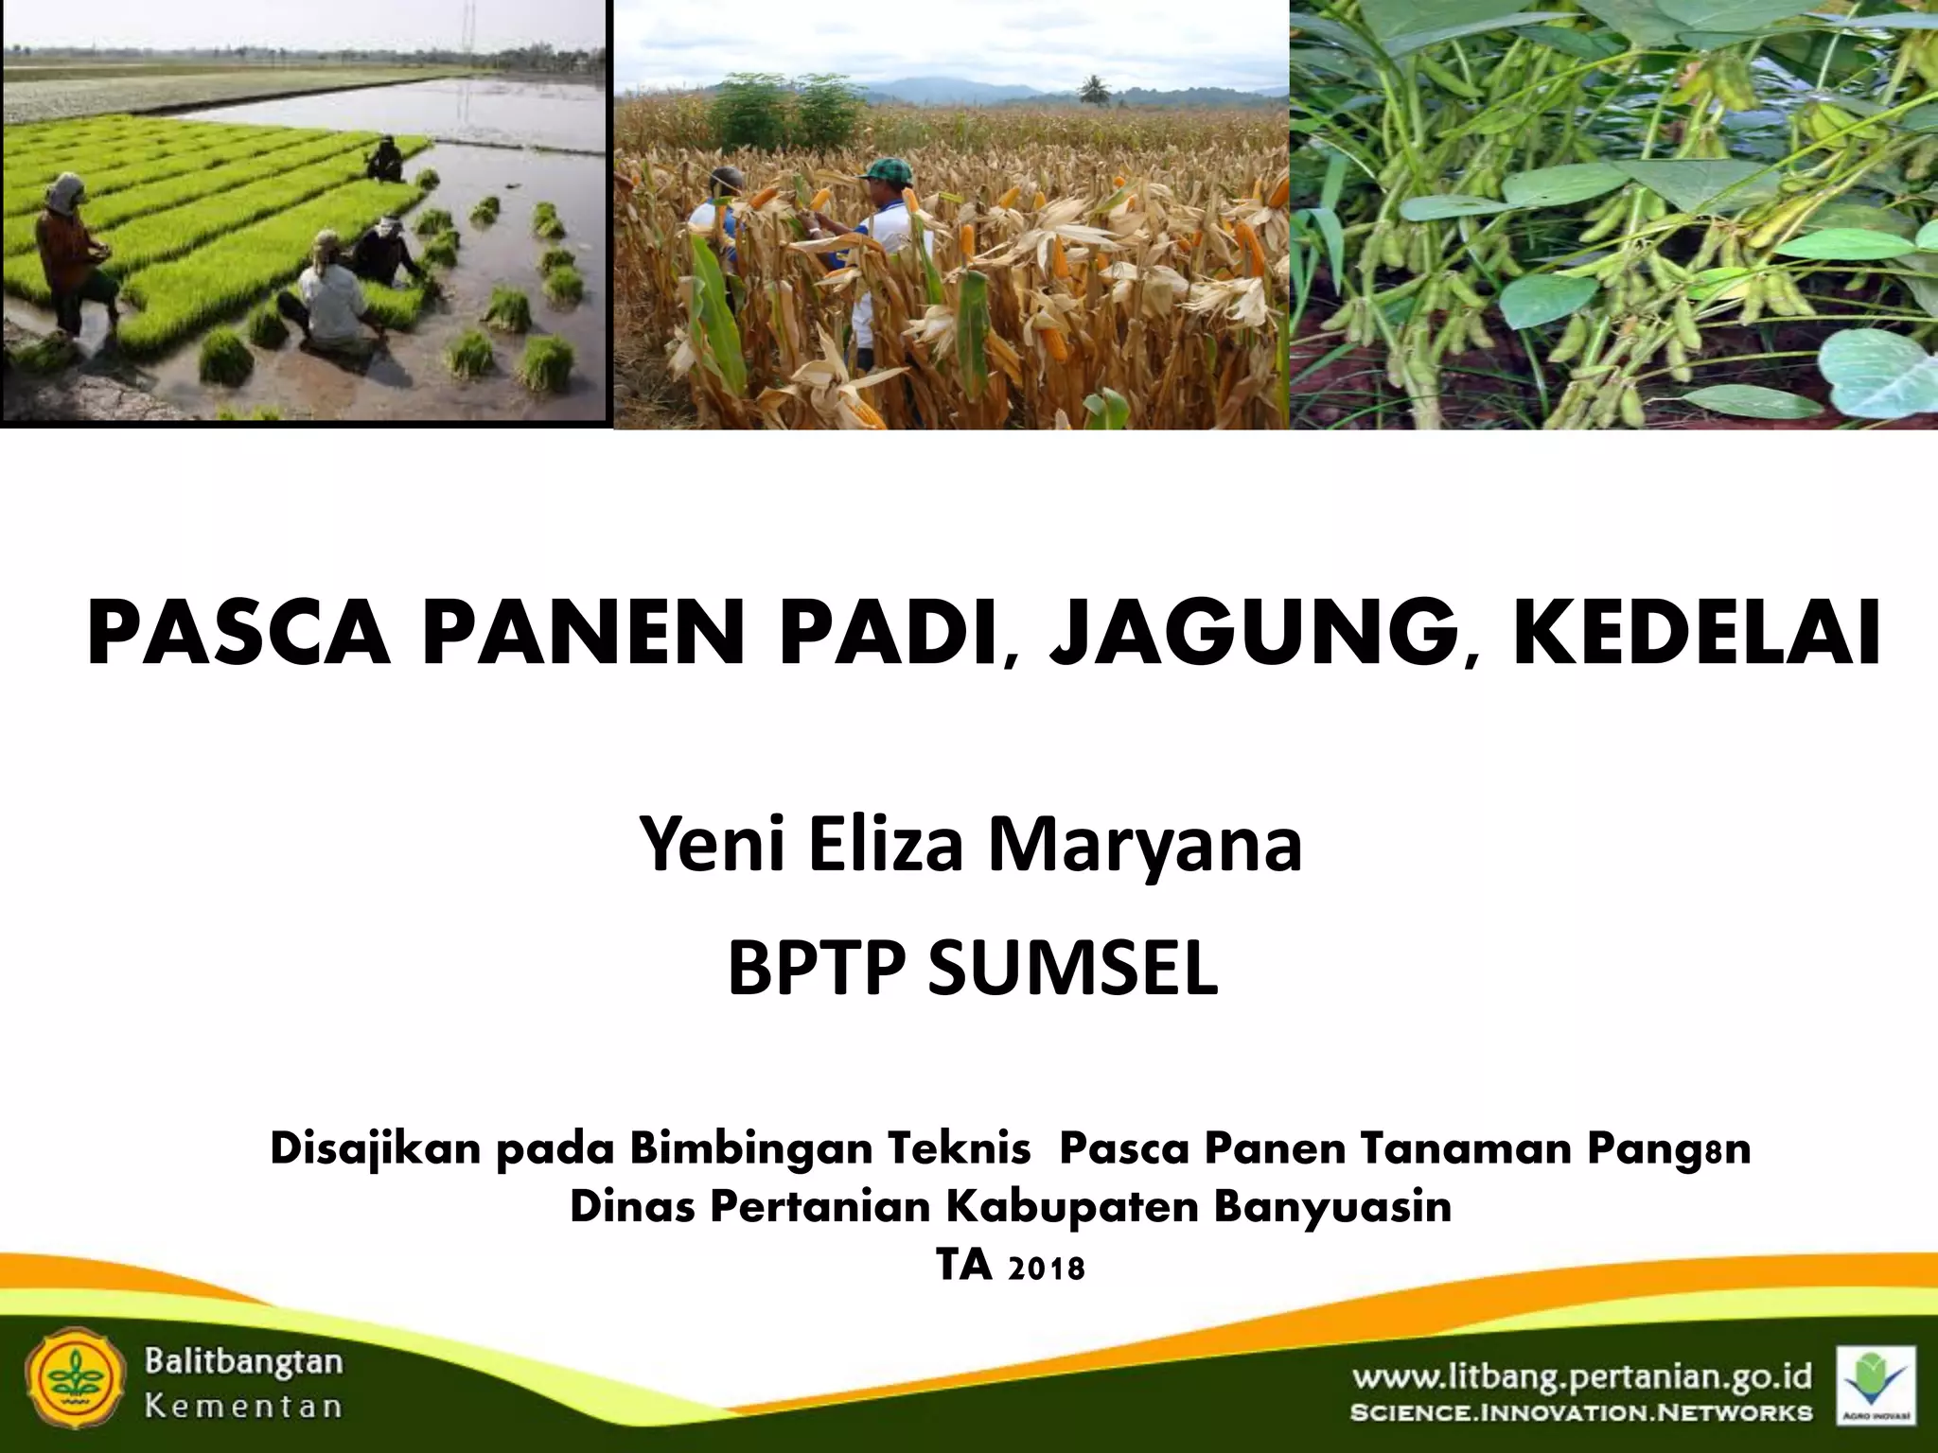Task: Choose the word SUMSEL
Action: coord(1072,970)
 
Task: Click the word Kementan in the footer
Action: coord(243,1405)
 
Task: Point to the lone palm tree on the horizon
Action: coord(1093,89)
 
